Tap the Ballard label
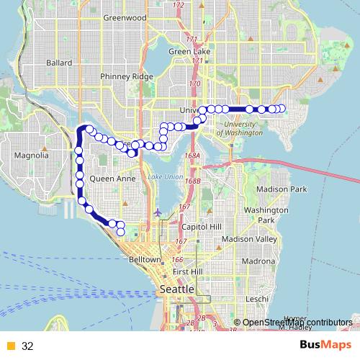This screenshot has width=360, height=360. click(x=59, y=63)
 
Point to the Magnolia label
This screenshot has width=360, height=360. click(x=32, y=156)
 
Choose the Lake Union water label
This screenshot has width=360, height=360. click(x=162, y=178)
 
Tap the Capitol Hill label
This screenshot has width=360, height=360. click(x=204, y=227)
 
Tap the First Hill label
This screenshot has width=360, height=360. click(x=189, y=271)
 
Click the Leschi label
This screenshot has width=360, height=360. click(x=256, y=298)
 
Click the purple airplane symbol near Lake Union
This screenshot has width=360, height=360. click(x=158, y=212)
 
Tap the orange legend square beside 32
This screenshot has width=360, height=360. click(x=10, y=346)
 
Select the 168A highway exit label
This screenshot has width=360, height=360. click(x=192, y=156)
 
